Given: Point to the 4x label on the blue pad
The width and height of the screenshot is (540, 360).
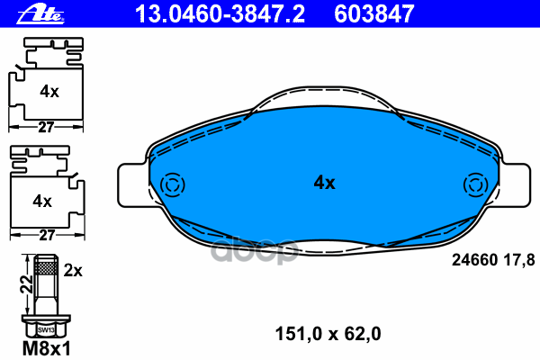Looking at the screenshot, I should [324, 183].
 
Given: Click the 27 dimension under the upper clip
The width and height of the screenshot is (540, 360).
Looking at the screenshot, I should [46, 128].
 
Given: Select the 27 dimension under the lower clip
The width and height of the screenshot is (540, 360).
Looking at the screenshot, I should [46, 235].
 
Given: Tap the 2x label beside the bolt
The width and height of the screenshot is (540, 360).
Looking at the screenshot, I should [74, 270].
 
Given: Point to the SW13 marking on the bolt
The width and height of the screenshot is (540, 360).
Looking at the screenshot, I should [45, 329].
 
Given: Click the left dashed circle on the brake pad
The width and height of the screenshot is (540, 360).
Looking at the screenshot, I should [170, 185].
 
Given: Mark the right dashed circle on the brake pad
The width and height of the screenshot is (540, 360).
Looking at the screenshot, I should [474, 185].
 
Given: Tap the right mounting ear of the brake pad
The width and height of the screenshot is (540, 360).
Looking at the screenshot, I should [510, 185].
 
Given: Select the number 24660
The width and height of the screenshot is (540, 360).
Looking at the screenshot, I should [467, 260].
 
